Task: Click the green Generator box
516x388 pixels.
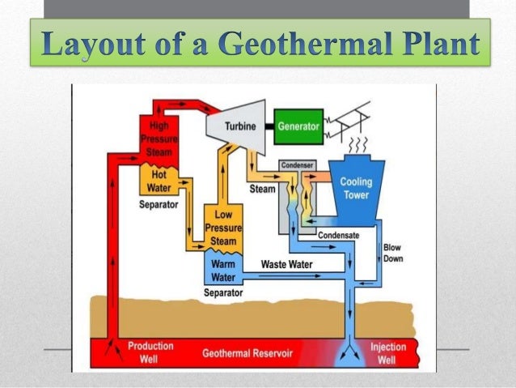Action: coord(299,126)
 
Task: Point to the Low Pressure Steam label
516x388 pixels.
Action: coord(223,228)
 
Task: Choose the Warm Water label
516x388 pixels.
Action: coord(223,270)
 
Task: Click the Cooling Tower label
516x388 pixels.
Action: coord(356,188)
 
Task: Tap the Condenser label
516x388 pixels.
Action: coord(296,165)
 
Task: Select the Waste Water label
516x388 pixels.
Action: coord(286,264)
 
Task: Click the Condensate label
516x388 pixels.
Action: coord(339,235)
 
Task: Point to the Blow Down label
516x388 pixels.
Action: coord(391,252)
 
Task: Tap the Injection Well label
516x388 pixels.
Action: coord(388,352)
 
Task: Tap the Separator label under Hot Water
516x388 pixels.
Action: coord(159,204)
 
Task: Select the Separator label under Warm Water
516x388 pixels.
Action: coord(223,292)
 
